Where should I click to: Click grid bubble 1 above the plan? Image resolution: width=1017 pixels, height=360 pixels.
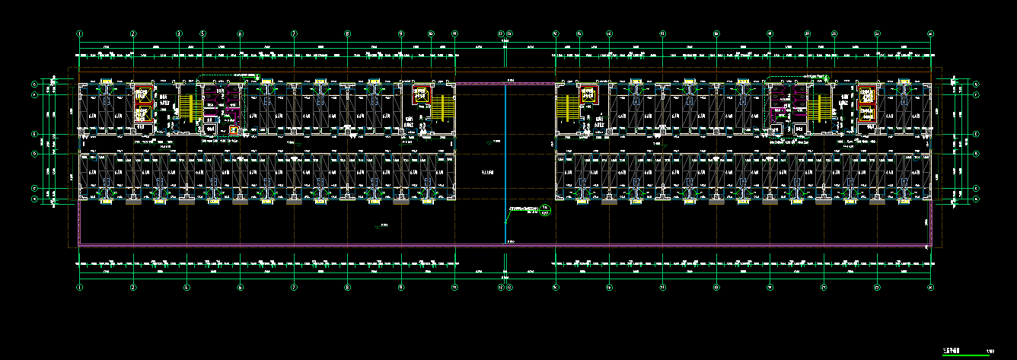point(80,33)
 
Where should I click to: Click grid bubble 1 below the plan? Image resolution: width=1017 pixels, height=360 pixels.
point(80,288)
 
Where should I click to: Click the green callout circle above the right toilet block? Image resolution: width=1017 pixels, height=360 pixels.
point(827,77)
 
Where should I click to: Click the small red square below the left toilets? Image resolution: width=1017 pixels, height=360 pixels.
point(232,130)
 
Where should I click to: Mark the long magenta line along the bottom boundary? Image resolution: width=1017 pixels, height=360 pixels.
point(502,245)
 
